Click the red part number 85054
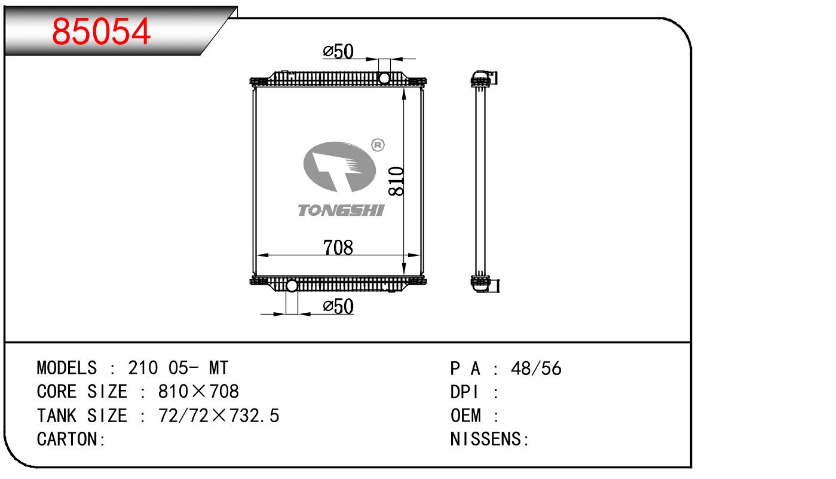tap(101, 31)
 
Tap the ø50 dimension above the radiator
tap(338, 51)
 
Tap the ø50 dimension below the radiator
tap(338, 307)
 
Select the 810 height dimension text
tap(396, 181)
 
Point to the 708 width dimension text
tap(338, 248)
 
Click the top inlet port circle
tap(384, 78)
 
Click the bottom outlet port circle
tap(292, 286)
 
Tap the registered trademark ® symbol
tap(378, 145)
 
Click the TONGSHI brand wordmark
tap(341, 210)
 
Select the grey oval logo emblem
tap(339, 166)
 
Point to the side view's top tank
tap(483, 79)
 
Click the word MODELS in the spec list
tap(67, 368)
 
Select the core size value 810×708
tap(198, 392)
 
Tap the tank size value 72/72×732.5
tap(219, 416)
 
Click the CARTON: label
tap(71, 440)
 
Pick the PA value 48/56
tap(536, 369)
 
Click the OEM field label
tap(466, 416)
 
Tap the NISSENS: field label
tap(489, 440)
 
